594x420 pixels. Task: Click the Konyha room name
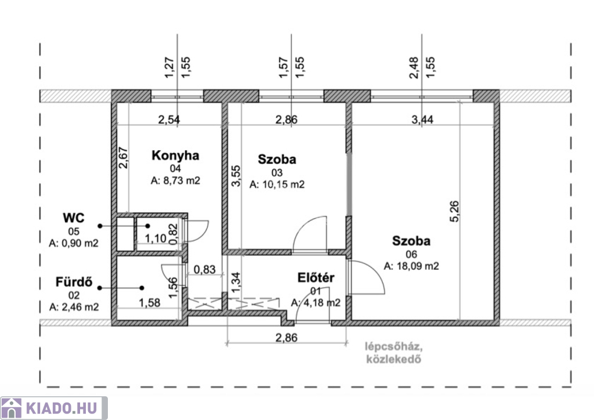click(175, 155)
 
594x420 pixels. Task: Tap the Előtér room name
click(316, 278)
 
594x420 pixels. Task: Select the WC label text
click(74, 218)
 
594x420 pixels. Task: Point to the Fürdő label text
click(74, 282)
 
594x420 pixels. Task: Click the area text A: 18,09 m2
click(411, 266)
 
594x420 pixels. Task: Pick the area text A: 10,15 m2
click(277, 184)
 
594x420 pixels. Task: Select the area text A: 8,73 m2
click(175, 180)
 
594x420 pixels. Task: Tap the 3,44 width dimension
click(422, 120)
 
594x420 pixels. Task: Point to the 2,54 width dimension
click(169, 120)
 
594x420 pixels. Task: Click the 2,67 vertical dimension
click(124, 158)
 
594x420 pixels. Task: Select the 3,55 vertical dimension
click(236, 176)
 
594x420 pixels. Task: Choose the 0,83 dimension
click(205, 269)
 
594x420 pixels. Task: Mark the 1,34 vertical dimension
click(236, 283)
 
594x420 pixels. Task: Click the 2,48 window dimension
click(414, 68)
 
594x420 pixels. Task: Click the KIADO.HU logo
click(54, 408)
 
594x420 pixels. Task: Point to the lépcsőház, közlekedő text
click(394, 353)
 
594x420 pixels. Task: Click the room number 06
click(411, 254)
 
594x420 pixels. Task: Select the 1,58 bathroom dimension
click(149, 303)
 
